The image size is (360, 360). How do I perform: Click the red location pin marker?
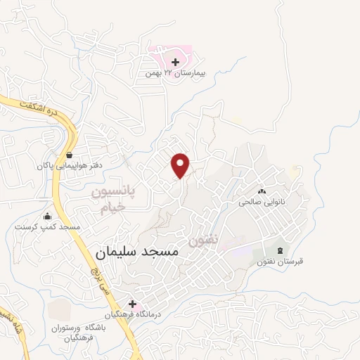[181, 165]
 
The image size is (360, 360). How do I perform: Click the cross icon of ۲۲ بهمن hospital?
[175, 63]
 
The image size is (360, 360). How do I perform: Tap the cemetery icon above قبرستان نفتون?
[281, 250]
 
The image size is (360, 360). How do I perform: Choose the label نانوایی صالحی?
[262, 201]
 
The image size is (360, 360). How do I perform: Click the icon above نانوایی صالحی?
[262, 191]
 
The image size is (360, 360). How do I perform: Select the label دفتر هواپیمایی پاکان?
[69, 167]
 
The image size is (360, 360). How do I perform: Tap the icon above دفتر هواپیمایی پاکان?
[69, 155]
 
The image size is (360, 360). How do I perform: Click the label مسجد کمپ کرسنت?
[48, 228]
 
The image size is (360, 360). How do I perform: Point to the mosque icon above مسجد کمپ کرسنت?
[47, 217]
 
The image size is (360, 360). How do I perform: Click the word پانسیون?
[113, 191]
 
